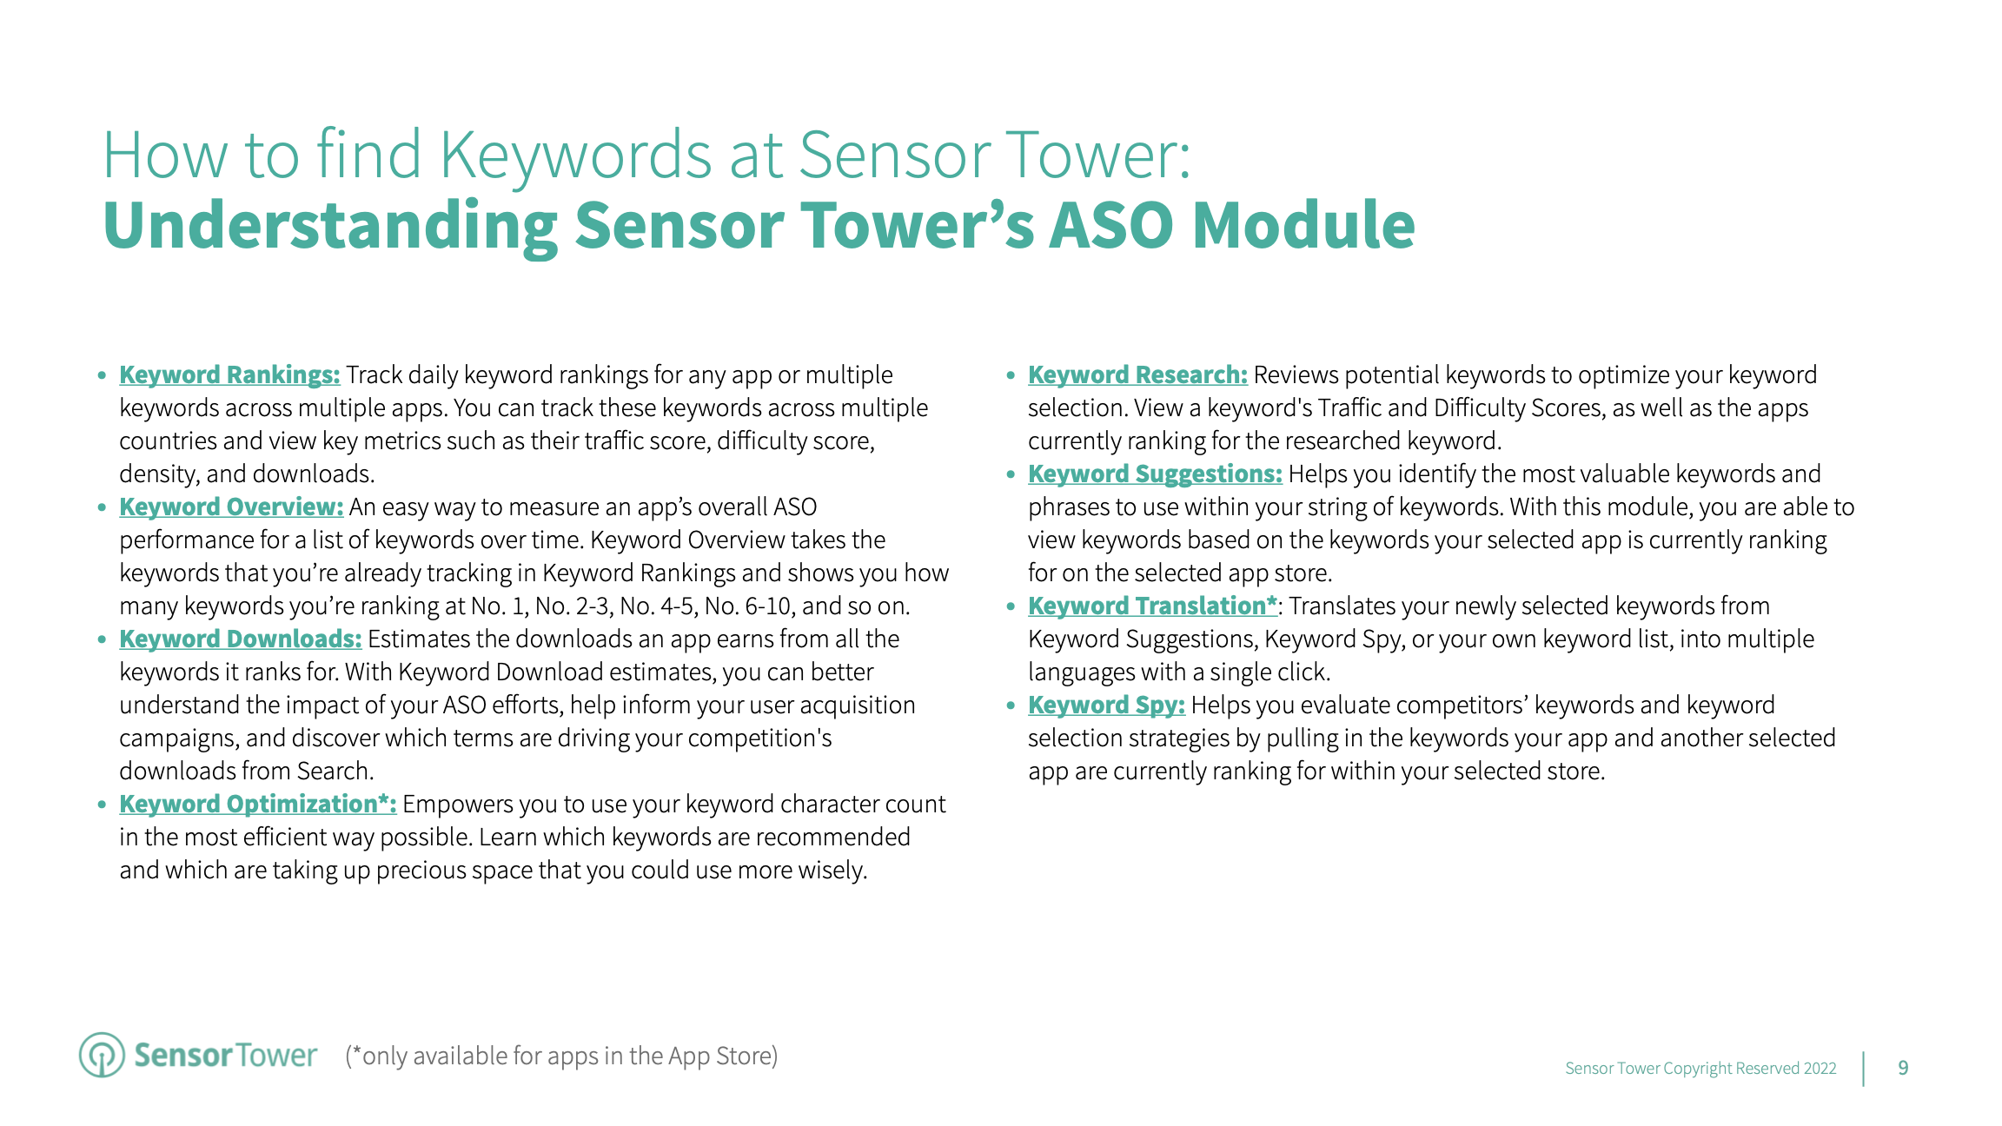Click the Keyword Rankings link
click(229, 374)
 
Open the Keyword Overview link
click(231, 507)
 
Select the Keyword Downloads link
click(240, 639)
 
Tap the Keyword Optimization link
click(257, 804)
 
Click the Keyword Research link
click(1137, 374)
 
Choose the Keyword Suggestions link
click(1155, 474)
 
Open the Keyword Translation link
click(1152, 606)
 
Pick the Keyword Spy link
click(1106, 705)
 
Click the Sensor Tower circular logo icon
click(102, 1055)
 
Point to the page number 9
click(1903, 1068)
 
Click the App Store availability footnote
click(561, 1056)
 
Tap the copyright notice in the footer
click(1700, 1068)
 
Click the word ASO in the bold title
click(1111, 225)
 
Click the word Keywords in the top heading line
click(576, 156)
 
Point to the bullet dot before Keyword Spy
click(1011, 705)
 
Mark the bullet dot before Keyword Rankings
click(102, 375)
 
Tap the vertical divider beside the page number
click(1864, 1069)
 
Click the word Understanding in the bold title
click(330, 225)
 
